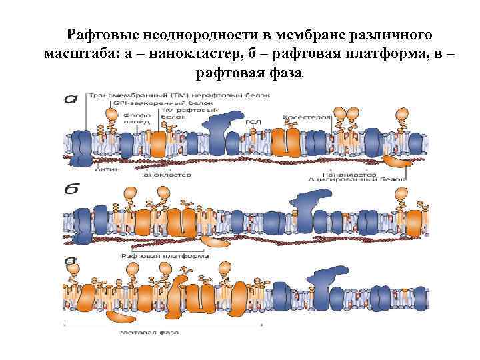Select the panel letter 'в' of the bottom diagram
(x=69, y=261)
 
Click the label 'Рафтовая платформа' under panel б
(x=160, y=255)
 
